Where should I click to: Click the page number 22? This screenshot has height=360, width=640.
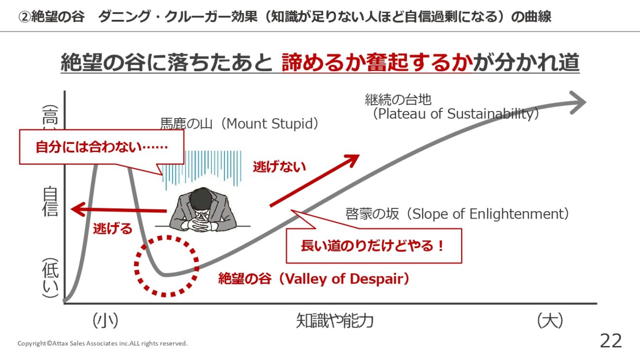tap(611, 341)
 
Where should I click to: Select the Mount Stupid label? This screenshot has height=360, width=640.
tap(239, 124)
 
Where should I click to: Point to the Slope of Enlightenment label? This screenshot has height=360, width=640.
tap(457, 214)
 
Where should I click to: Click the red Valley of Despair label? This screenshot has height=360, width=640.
tap(314, 279)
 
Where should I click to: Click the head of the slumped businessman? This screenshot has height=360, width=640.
tap(202, 199)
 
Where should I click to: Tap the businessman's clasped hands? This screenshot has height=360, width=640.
tap(202, 221)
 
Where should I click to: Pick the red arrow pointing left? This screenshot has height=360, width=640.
tap(119, 210)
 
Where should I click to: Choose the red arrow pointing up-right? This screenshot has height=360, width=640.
tap(314, 180)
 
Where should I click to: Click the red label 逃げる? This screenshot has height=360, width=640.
tap(113, 228)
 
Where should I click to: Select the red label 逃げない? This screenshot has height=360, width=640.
tap(279, 167)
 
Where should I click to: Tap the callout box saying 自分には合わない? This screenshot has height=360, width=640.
tap(101, 147)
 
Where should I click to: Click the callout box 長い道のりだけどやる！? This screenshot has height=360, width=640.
tap(374, 246)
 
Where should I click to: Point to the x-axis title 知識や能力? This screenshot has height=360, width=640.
tap(335, 321)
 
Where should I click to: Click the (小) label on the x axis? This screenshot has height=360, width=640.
tap(105, 321)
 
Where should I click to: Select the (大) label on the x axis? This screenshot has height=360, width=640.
tap(550, 321)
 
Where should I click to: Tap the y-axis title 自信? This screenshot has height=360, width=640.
tap(50, 202)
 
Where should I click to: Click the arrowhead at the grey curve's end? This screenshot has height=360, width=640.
tap(578, 103)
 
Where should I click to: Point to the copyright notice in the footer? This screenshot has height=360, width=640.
tap(103, 343)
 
